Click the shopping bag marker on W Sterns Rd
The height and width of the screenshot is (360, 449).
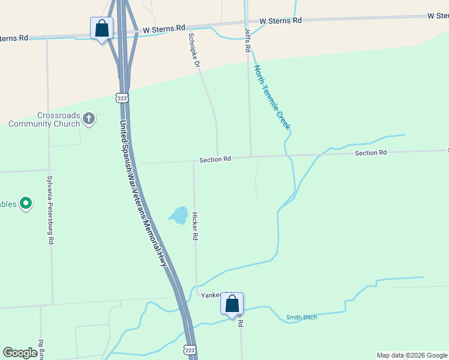point(101,28)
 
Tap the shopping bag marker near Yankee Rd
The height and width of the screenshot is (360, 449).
point(232,304)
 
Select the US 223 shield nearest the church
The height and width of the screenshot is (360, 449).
point(122,97)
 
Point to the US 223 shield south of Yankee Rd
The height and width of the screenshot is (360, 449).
point(190,349)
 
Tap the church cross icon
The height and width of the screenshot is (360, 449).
point(89,118)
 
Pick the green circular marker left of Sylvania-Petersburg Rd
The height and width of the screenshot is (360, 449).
point(26,204)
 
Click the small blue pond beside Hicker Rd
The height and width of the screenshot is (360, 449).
point(178,215)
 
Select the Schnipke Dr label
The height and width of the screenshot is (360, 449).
point(193,49)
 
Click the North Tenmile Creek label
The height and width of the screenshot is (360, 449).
point(272,98)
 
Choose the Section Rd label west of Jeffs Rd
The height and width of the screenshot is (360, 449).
point(215,159)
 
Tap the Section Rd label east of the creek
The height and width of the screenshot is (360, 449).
point(370,153)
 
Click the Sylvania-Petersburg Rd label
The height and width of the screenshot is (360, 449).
point(51,209)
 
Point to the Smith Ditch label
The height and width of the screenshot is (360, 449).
point(301,317)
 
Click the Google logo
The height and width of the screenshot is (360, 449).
point(20,353)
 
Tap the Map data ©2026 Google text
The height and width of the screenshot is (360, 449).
point(411,355)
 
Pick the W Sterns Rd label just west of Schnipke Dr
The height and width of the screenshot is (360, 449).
point(164,28)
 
